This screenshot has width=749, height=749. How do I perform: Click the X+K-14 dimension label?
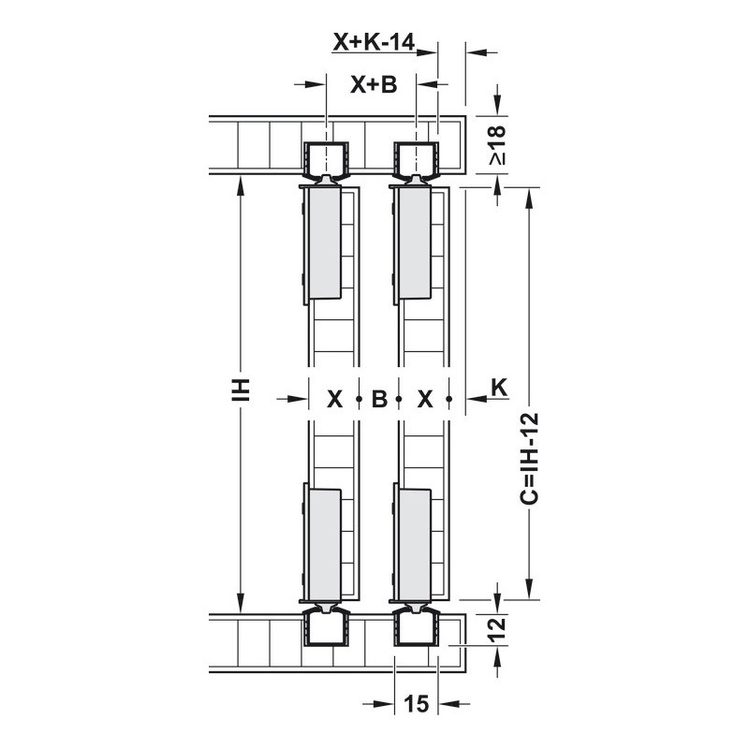point(374,42)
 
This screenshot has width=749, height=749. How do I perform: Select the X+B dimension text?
point(374,85)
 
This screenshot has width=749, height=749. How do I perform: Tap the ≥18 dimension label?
point(497,145)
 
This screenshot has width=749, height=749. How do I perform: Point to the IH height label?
point(241,389)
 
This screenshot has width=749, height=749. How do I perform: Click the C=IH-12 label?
point(529,459)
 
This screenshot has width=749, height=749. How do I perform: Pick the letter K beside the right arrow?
point(499,388)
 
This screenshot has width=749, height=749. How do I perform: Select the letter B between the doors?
point(379,399)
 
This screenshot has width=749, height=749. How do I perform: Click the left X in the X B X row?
point(335,399)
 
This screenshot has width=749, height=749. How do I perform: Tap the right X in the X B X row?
point(425,399)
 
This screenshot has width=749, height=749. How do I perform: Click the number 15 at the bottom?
point(417,704)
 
